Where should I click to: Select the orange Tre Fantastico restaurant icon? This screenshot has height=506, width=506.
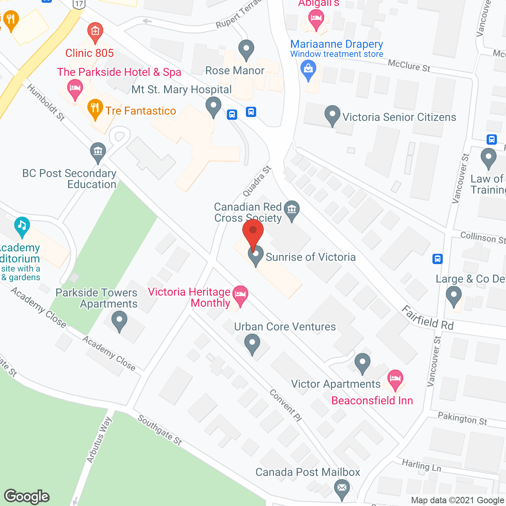[95, 108]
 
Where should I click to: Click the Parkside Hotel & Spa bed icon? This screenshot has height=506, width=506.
[75, 88]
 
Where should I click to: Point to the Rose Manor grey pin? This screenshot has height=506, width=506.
[246, 50]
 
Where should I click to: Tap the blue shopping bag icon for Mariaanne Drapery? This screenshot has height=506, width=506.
[308, 70]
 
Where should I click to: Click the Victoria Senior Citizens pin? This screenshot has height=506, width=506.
[332, 115]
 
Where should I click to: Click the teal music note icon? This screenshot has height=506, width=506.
[22, 226]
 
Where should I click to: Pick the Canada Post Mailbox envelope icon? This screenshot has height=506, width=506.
[342, 488]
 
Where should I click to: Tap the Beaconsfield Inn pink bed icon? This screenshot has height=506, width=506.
[395, 379]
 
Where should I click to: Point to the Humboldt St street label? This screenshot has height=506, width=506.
[46, 102]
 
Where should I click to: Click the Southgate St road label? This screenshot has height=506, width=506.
[160, 430]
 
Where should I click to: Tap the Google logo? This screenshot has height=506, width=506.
[27, 497]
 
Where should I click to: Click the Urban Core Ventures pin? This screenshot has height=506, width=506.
[252, 343]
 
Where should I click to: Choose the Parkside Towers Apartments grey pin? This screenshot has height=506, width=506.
[119, 321]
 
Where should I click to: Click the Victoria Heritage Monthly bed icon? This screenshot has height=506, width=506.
[240, 295]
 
